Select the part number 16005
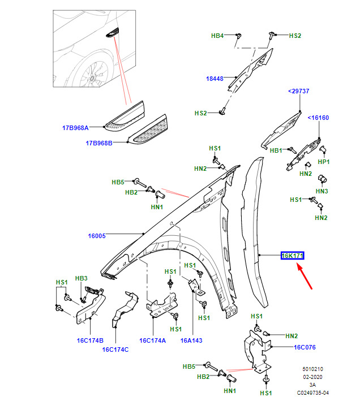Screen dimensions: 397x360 [x=97, y=235]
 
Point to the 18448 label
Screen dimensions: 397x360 [x=215, y=79]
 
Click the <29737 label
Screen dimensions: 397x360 [x=298, y=91]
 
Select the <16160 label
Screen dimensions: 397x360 [x=318, y=118]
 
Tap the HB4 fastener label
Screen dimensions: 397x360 [x=217, y=36]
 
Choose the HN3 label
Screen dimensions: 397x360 [x=322, y=191]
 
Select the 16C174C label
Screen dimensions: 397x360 [x=115, y=349]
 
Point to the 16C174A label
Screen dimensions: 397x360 [x=152, y=340]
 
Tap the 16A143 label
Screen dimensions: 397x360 [x=191, y=340]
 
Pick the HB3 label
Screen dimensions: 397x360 [x=82, y=278]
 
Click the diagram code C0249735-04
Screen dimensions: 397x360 [x=313, y=392]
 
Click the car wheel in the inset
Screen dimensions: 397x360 [x=91, y=73]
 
